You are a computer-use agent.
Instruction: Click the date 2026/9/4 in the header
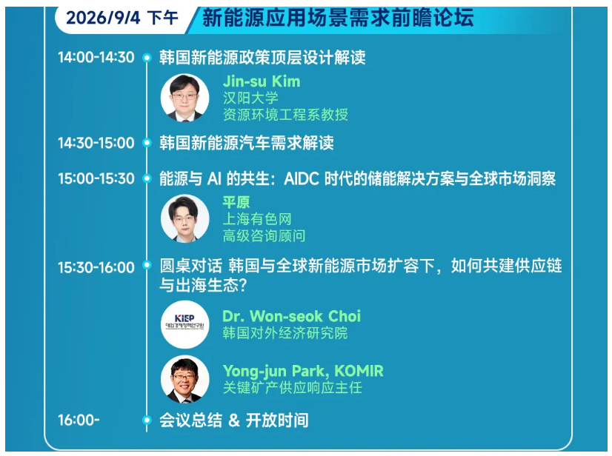click(103, 18)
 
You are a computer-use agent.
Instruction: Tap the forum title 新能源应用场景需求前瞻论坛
click(338, 18)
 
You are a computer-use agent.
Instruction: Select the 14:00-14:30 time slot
click(96, 57)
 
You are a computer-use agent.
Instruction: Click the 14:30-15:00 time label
click(96, 143)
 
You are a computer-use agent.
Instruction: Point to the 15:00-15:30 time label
click(96, 178)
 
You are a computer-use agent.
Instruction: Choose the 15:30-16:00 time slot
click(96, 267)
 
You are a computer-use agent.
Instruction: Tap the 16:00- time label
click(79, 420)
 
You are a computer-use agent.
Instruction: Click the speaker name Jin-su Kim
click(262, 81)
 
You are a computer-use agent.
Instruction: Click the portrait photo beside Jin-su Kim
click(184, 98)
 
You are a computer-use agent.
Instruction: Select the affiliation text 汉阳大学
click(250, 98)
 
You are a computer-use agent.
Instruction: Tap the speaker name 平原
click(236, 202)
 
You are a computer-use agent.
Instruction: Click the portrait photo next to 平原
click(184, 218)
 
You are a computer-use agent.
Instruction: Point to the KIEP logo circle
click(184, 324)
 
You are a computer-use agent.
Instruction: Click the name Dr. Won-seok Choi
click(292, 316)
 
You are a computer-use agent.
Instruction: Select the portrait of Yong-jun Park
click(184, 379)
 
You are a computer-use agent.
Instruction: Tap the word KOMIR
click(359, 371)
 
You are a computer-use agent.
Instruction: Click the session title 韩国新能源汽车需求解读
click(246, 143)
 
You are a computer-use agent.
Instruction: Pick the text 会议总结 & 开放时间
click(234, 420)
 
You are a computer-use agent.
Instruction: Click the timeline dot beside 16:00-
click(147, 420)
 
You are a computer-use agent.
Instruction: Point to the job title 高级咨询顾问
click(264, 235)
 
